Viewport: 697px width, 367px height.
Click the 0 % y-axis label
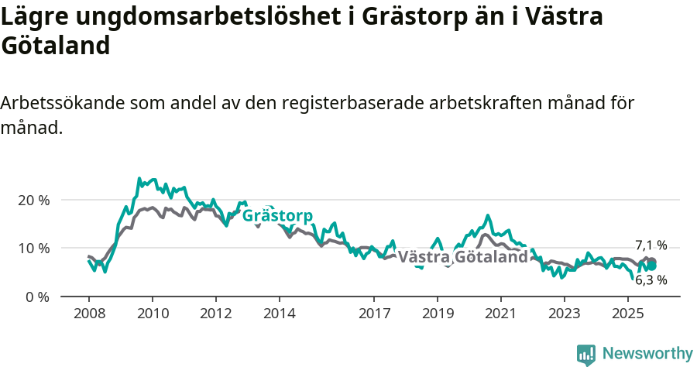click(x=37, y=297)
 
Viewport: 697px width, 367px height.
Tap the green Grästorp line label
click(x=277, y=216)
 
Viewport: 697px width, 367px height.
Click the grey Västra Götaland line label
click(x=462, y=257)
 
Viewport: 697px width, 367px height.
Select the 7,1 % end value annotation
click(x=651, y=245)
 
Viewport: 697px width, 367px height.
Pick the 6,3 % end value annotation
click(x=651, y=280)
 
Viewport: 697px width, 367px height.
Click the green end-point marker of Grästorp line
click(x=652, y=266)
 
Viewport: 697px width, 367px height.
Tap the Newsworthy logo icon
click(x=586, y=354)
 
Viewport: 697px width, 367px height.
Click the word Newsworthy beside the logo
click(x=647, y=354)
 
